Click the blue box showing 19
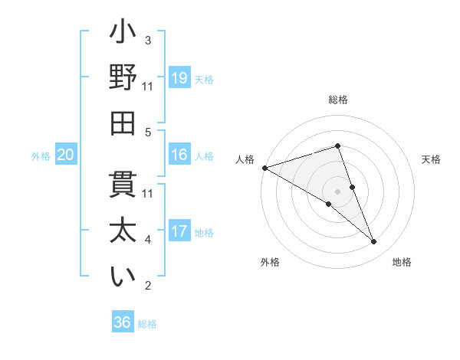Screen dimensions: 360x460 pyautogui.click(x=179, y=78)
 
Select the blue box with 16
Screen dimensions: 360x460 pyautogui.click(x=179, y=155)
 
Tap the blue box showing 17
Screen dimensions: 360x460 pyautogui.click(x=179, y=231)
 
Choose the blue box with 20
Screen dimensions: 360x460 pyautogui.click(x=66, y=155)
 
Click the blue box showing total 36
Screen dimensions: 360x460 pyautogui.click(x=123, y=322)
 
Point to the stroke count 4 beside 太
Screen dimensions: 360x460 pyautogui.click(x=148, y=240)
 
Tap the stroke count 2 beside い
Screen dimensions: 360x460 pyautogui.click(x=148, y=286)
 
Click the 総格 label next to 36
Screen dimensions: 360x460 pyautogui.click(x=148, y=324)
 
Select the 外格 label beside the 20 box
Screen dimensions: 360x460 pyautogui.click(x=41, y=156)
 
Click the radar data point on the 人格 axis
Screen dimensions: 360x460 pyautogui.click(x=264, y=167)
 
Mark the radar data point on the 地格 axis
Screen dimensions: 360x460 pyautogui.click(x=374, y=242)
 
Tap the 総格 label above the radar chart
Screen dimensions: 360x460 pyautogui.click(x=338, y=100)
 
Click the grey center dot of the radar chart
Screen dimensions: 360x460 pyautogui.click(x=338, y=191)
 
